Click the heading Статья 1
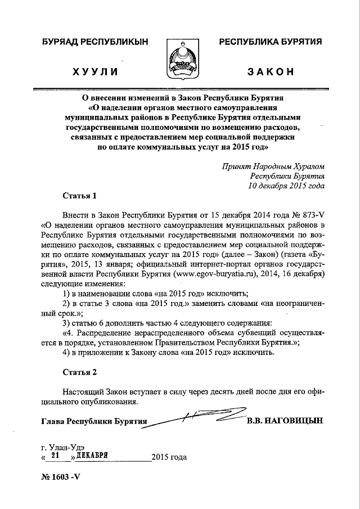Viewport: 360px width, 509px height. pos(79,196)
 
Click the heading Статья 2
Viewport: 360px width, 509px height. pos(79,372)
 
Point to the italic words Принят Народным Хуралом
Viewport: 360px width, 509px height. pos(273,166)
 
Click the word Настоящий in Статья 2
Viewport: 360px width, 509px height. pos(84,391)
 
